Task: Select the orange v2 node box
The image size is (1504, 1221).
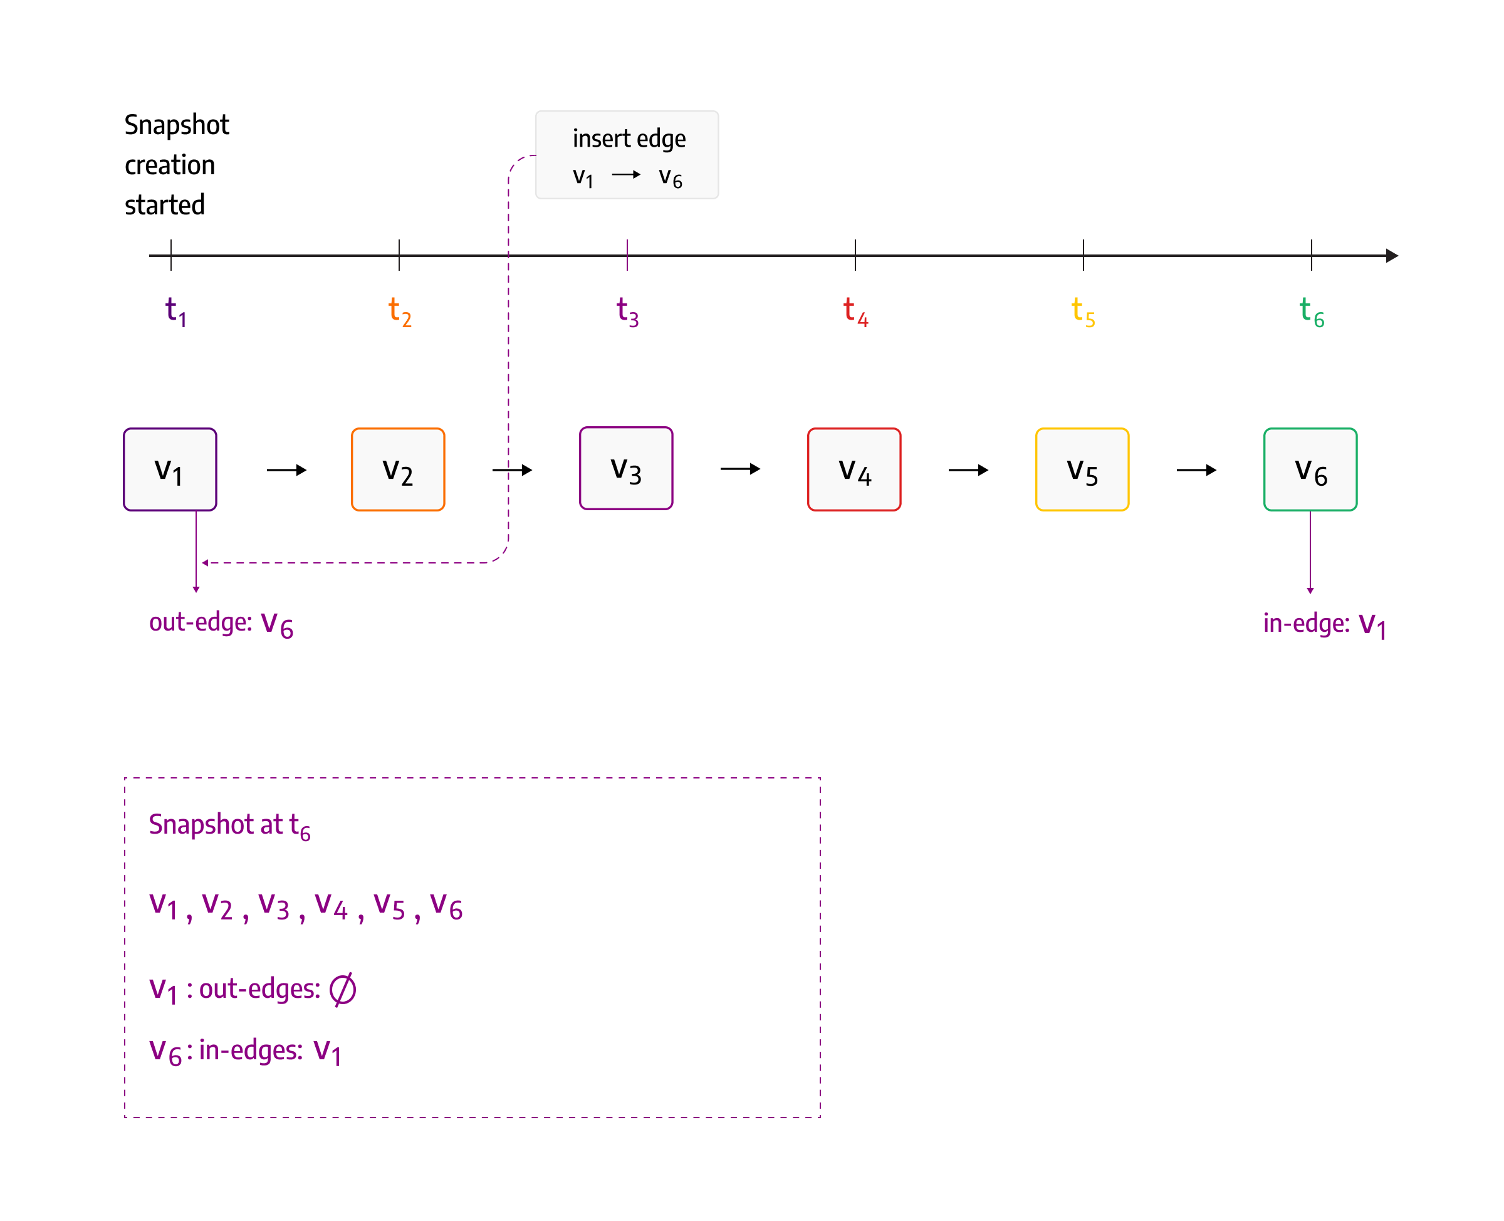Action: [x=397, y=468]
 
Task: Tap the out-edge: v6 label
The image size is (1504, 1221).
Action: [x=220, y=623]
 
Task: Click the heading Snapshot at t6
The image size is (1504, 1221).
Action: [x=229, y=824]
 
